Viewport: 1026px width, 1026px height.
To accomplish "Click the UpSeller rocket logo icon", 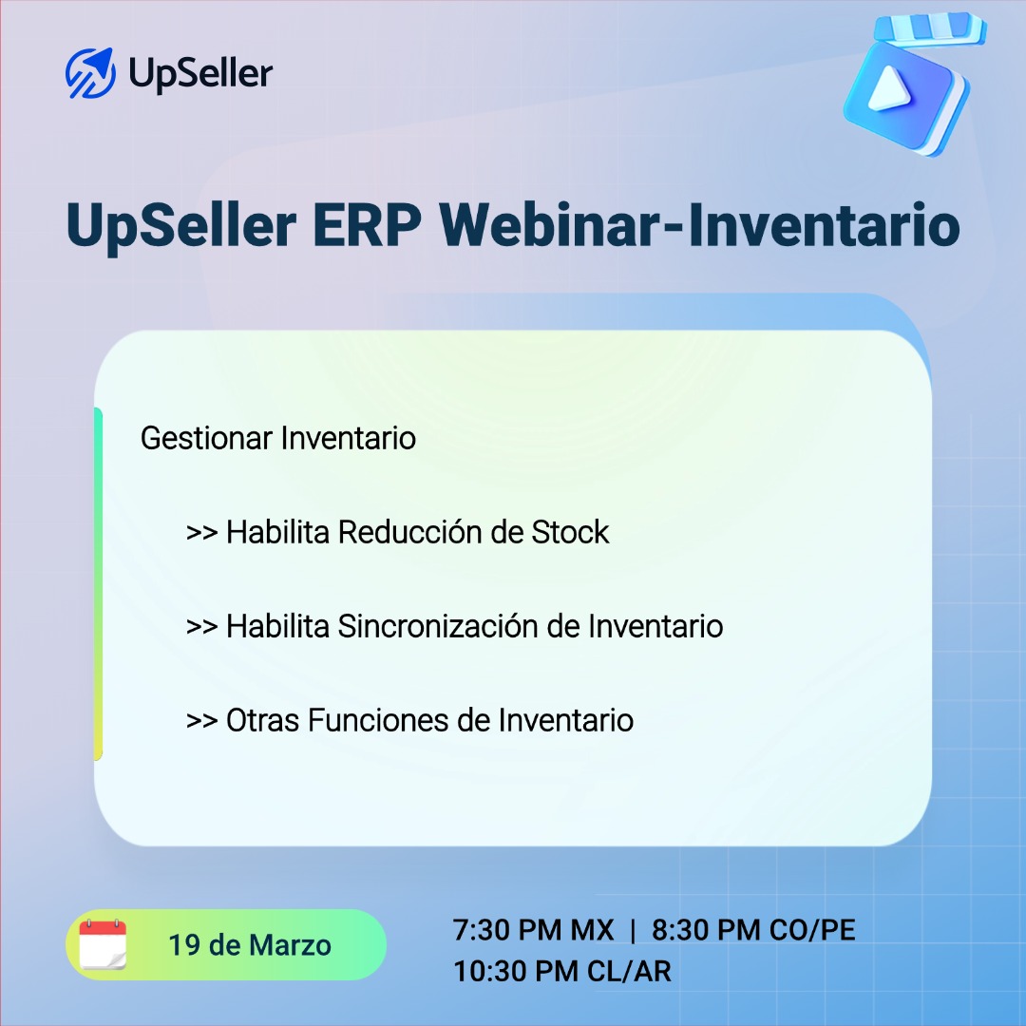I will pyautogui.click(x=90, y=72).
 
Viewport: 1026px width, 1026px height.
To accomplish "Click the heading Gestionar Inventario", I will pyautogui.click(x=278, y=439).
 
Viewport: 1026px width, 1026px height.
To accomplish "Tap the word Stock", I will pyautogui.click(x=570, y=532).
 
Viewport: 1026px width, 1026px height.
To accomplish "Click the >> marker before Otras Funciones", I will pyautogui.click(x=202, y=721).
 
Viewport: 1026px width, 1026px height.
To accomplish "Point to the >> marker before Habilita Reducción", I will pyautogui.click(x=202, y=533).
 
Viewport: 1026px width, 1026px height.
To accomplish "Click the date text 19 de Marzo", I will pyautogui.click(x=250, y=945).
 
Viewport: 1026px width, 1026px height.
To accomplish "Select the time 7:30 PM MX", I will pyautogui.click(x=534, y=930).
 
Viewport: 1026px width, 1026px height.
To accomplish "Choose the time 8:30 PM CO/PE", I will pyautogui.click(x=753, y=930).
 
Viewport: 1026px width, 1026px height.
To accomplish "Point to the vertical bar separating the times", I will pyautogui.click(x=634, y=930).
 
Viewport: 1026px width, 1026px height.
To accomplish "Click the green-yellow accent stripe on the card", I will pyautogui.click(x=98, y=584).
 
